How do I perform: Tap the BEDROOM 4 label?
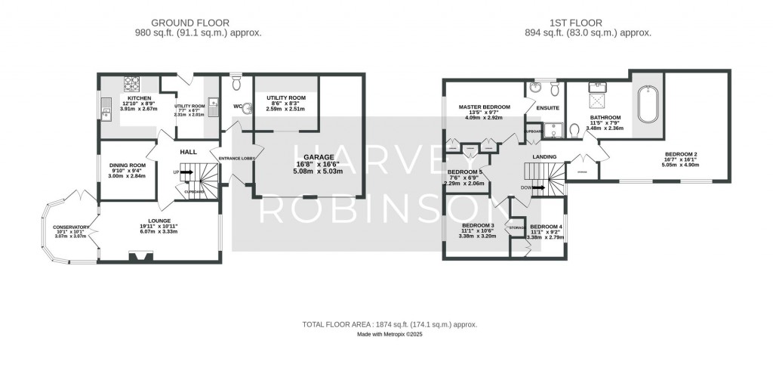pos(545,227)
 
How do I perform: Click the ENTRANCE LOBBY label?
pos(239,158)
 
